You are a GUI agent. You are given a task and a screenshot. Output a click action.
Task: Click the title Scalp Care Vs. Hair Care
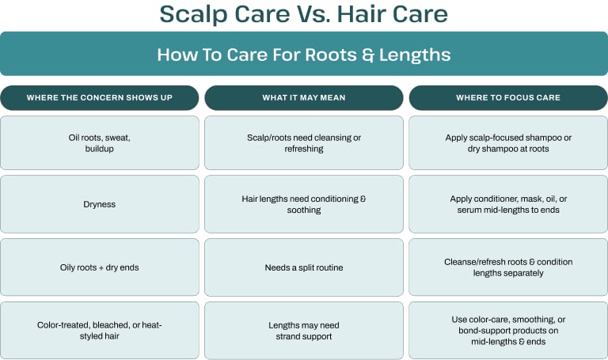coord(304,14)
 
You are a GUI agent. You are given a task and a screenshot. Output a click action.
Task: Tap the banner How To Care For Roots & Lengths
coord(304,54)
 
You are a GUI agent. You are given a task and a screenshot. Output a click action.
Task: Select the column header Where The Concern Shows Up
coord(100,97)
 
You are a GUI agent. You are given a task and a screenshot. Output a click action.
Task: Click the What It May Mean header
coord(304,97)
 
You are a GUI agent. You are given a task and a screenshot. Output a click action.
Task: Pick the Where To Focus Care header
coord(508,97)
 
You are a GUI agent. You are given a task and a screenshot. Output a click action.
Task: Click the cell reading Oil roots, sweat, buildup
coord(100,143)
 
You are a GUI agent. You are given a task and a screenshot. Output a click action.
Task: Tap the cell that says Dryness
coord(100,204)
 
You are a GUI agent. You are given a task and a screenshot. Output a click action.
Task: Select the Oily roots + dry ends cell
coord(100,267)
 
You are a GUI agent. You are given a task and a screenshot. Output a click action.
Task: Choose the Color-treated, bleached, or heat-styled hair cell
coord(100,331)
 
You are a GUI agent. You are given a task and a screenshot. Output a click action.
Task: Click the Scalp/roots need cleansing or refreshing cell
coord(304,143)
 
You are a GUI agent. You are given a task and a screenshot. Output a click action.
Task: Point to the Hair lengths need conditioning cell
coord(304,204)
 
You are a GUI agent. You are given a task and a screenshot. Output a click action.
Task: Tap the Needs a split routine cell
coord(304,267)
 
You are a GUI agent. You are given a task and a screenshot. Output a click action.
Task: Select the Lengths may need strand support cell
coord(304,331)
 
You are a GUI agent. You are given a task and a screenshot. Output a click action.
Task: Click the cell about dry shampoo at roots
coord(508,143)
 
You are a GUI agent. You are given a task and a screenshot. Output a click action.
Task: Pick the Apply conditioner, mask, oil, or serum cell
coord(508,204)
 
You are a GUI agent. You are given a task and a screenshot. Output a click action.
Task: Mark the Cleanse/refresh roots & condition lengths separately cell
coord(508,267)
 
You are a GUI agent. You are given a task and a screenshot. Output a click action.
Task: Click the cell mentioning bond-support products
coord(508,331)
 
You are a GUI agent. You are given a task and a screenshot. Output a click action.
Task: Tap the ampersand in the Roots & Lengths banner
coord(368,55)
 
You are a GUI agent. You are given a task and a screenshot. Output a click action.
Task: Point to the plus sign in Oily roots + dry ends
coord(101,267)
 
